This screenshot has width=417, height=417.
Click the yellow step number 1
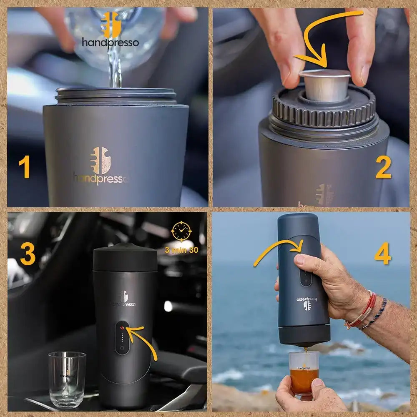[x=24, y=168]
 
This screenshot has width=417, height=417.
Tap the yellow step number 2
[x=383, y=168]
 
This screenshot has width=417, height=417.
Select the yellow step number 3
[x=28, y=254]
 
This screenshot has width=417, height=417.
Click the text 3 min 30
[x=181, y=250]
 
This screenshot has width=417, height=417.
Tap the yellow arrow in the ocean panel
[x=279, y=250]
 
